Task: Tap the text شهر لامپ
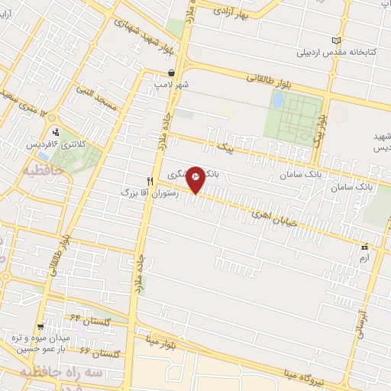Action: coord(173,85)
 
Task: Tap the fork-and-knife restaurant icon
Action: coord(150,182)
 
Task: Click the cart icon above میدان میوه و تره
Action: coord(50,326)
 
